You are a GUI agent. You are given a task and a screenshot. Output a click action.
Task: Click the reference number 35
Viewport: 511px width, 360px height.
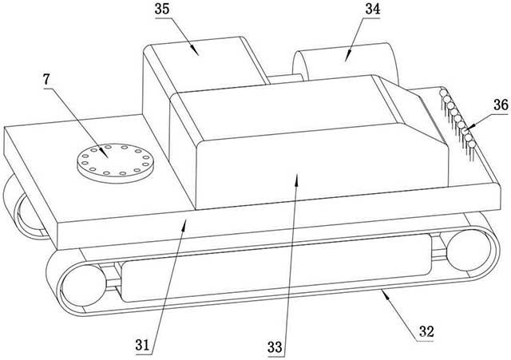tap(162, 9)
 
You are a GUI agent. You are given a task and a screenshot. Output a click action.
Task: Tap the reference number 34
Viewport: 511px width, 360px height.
tap(373, 9)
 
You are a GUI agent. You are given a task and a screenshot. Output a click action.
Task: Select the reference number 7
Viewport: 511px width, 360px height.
tap(47, 80)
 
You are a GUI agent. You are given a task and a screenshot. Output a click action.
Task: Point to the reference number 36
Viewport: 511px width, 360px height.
tap(501, 105)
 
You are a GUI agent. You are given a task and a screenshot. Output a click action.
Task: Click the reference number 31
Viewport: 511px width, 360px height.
tap(142, 345)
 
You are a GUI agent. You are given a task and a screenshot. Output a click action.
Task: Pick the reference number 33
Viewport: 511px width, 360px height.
tap(275, 347)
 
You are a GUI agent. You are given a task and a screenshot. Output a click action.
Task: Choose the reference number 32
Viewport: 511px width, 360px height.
tap(426, 331)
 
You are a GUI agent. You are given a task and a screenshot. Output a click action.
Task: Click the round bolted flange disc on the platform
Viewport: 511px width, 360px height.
tap(115, 162)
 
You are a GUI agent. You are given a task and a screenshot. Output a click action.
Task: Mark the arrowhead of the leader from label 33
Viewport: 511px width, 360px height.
tap(296, 179)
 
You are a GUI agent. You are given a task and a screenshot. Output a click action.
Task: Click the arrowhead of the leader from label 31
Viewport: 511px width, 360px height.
tap(184, 225)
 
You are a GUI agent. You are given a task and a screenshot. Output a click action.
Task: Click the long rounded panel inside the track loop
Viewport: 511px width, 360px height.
tap(276, 267)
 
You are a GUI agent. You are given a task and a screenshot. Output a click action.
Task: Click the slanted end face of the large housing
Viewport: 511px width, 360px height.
tap(410, 110)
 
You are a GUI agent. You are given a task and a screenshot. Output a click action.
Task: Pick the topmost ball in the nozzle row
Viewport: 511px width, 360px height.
tap(443, 93)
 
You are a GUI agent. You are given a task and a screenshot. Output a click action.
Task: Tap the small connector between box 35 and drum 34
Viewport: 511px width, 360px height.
tap(285, 78)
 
